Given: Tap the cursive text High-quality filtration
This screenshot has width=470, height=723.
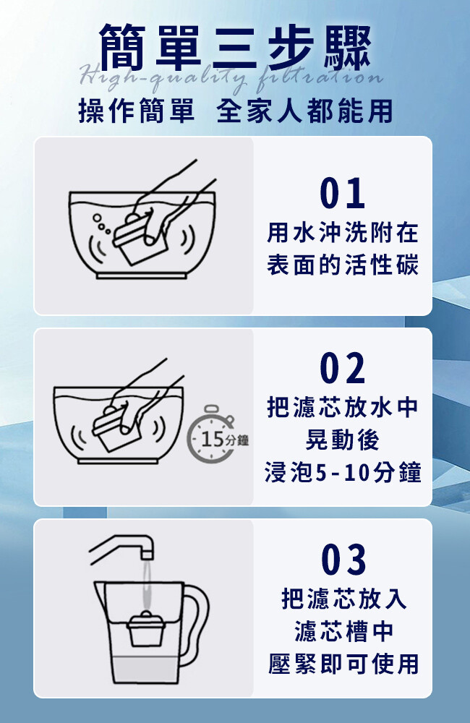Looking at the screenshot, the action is tap(231, 76).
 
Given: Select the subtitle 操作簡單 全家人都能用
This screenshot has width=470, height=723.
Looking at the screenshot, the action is tap(235, 111).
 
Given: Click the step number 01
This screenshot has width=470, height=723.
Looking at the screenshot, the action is tap(342, 194).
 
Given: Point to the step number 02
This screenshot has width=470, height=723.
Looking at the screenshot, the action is tap(342, 368).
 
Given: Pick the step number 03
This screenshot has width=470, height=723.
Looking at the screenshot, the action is tap(343, 560).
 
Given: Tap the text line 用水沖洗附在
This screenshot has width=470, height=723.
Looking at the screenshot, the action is tap(343, 232).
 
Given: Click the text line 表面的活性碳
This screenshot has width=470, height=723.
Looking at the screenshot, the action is tap(343, 265).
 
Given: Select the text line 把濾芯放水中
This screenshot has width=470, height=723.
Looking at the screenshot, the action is tap(343, 407).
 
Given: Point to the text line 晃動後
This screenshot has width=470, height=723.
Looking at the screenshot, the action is tap(343, 440).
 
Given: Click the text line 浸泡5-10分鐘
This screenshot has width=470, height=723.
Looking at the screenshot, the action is tap(343, 472).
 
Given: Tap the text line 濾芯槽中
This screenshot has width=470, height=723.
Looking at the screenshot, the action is tap(343, 631).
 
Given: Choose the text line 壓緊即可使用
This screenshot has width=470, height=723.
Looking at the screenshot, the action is tap(343, 664).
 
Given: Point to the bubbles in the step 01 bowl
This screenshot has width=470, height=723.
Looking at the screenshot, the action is tap(101, 223).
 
